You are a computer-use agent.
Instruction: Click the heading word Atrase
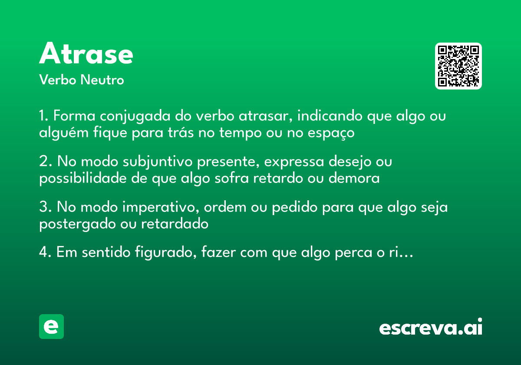[x=86, y=54]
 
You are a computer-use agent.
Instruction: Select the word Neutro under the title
[x=102, y=80]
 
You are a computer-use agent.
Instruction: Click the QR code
[x=458, y=66]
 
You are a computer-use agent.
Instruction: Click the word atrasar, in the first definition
[x=265, y=117]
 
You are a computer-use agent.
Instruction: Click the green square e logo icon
[x=51, y=326]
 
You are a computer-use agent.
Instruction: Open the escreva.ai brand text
[x=431, y=327]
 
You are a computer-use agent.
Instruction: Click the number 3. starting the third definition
[x=45, y=208]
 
